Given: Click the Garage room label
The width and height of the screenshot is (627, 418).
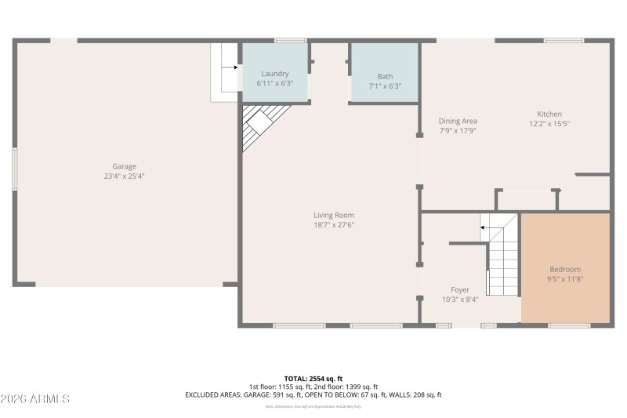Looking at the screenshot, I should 124,166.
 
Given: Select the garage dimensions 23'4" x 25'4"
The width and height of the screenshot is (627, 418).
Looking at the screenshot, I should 124,176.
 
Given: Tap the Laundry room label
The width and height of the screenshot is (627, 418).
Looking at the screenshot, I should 274,74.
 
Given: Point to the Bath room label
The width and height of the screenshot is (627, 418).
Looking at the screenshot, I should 385,76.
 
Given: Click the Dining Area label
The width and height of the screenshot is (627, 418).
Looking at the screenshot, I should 458,121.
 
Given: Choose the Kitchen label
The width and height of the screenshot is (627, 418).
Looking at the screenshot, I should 549,114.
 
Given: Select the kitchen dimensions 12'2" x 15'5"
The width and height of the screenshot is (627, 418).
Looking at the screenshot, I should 549,124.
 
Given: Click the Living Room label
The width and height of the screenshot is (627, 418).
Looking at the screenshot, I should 334,215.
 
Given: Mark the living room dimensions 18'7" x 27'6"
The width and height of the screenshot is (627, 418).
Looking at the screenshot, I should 334,225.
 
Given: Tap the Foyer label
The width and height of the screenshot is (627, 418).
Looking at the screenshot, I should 459,289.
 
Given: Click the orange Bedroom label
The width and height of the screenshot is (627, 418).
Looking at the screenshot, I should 565,269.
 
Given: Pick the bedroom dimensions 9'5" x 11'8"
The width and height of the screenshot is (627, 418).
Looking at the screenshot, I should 565,278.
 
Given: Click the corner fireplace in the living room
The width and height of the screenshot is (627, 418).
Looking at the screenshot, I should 259,125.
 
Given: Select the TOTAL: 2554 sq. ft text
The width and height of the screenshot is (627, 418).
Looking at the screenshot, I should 313,378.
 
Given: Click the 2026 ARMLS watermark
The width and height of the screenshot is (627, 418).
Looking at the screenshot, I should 35,399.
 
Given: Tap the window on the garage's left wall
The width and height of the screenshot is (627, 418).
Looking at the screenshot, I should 13,169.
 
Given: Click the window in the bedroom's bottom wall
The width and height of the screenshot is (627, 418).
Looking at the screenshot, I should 569,325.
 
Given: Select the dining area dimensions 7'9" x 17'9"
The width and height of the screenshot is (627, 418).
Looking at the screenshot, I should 458,131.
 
